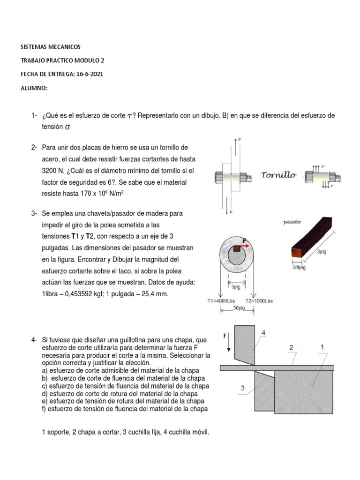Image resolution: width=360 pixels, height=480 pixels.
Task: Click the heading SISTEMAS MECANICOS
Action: [51, 47]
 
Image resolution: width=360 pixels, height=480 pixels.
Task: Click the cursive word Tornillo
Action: [278, 175]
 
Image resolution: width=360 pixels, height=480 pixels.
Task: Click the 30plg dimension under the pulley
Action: [240, 308]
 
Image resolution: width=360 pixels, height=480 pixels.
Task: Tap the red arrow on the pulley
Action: [246, 244]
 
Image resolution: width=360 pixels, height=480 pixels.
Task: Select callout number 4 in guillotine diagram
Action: [263, 333]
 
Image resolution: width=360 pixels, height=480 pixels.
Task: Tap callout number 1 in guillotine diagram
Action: [322, 348]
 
